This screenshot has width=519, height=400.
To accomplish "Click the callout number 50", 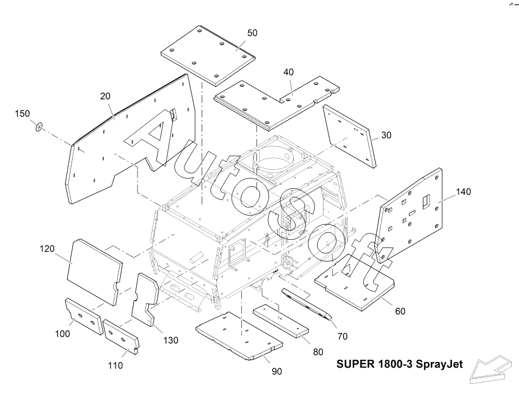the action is [x=252, y=33].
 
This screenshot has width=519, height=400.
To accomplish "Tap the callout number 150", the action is [x=22, y=113].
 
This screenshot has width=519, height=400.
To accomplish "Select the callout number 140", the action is [x=463, y=192].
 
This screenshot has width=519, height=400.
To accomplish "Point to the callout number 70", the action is [x=342, y=336].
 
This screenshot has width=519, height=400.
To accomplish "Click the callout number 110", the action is [x=115, y=365].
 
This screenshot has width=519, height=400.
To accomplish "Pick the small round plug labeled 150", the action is [x=39, y=127].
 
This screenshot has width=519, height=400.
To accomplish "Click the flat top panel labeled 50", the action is [x=208, y=55].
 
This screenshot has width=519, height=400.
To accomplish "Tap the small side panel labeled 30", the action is [x=350, y=136].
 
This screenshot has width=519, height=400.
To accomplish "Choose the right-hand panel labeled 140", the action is [x=411, y=215].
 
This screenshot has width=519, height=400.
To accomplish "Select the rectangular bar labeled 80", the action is [x=281, y=321].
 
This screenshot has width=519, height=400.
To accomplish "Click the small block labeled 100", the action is [x=83, y=316].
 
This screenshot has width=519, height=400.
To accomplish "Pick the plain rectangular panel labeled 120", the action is [x=94, y=272].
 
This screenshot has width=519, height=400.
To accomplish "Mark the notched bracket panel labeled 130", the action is [x=146, y=299].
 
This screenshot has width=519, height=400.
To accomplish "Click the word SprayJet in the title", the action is [x=439, y=364].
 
